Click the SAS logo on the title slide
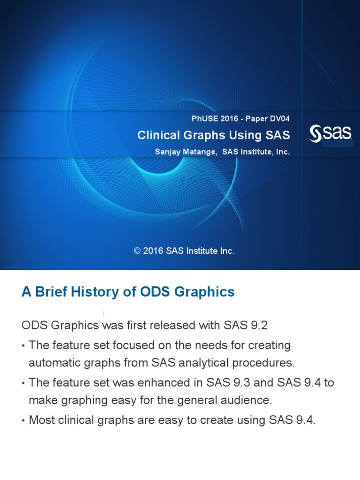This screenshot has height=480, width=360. point(331,135)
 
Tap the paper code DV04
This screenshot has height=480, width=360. point(279,119)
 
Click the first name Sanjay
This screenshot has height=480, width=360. point(167,152)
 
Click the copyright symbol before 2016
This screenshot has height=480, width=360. point(137,251)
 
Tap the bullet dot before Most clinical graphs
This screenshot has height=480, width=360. point(23,421)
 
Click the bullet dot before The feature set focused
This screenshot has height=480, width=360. point(23,346)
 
